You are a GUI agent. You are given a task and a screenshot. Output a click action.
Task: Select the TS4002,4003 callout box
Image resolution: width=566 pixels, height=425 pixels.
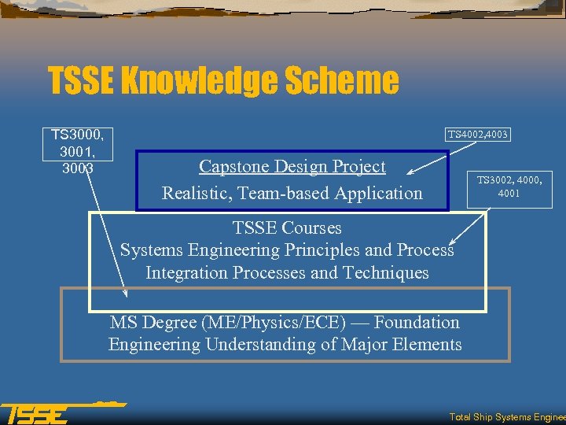(x=478, y=135)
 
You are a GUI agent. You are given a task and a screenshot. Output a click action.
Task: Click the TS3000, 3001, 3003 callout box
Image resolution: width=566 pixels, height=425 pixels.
(x=82, y=151)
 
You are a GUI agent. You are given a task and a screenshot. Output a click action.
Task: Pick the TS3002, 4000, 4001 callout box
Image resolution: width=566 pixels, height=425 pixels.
(x=509, y=186)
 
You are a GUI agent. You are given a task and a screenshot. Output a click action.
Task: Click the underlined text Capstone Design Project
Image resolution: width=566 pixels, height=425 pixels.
(x=292, y=166)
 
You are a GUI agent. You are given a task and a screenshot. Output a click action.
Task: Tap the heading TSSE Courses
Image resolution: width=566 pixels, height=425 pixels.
(x=287, y=228)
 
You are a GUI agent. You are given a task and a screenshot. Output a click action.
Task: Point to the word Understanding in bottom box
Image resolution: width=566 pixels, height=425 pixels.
(x=274, y=344)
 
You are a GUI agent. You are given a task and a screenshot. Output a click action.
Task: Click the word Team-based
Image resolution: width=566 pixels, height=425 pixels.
(x=271, y=193)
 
